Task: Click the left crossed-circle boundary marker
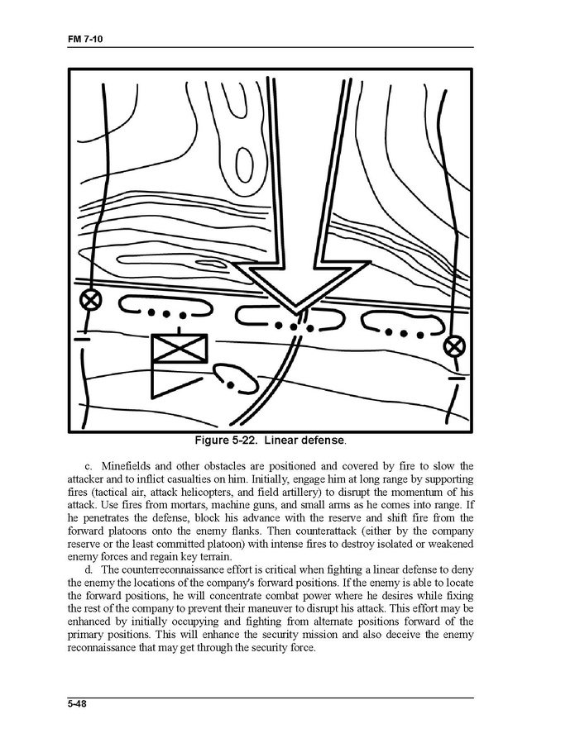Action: (89, 299)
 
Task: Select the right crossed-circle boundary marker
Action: (454, 345)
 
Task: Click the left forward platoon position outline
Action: (165, 308)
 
